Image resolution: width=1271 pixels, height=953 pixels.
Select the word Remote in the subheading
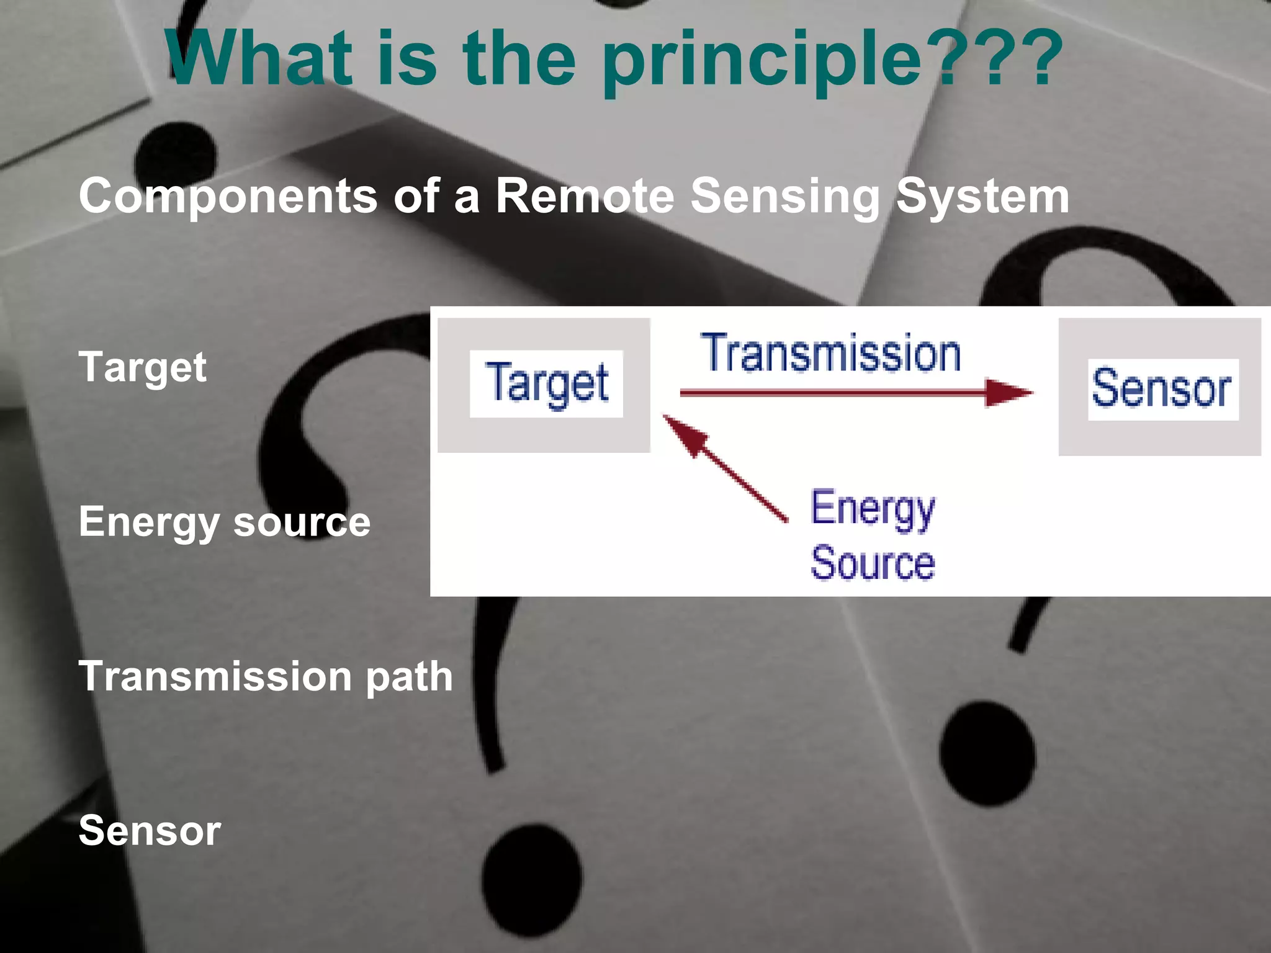coord(585,196)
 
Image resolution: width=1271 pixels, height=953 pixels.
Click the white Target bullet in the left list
coord(142,367)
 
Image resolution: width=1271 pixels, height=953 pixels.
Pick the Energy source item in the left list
coord(224,522)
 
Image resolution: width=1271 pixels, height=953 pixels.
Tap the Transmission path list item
coord(265,676)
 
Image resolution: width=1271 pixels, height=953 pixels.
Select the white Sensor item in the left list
coord(150,831)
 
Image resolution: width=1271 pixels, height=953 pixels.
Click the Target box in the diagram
coord(544,385)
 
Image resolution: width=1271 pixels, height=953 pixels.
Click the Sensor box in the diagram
coord(1159,388)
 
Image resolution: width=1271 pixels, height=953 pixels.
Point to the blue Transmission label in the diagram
coord(831,353)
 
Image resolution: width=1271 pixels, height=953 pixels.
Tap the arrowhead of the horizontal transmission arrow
coord(1008,393)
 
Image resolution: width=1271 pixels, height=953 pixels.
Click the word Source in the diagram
coord(872,563)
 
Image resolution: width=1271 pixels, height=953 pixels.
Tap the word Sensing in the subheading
coord(784,196)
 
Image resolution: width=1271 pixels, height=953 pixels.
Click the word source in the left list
coord(302,523)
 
